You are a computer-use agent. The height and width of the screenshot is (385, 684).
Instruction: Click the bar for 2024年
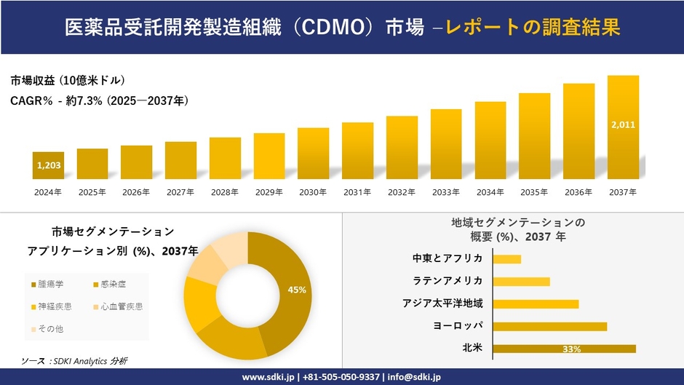point(48,165)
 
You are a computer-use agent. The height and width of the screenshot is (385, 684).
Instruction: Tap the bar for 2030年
point(314,154)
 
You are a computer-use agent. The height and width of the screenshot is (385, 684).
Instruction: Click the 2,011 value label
point(623,124)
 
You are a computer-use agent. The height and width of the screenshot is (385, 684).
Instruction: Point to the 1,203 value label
point(48,165)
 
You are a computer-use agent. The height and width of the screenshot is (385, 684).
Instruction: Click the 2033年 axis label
point(446,192)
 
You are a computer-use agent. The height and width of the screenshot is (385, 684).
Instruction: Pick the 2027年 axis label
point(180,192)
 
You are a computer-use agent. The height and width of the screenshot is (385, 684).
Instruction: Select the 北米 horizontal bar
point(564,349)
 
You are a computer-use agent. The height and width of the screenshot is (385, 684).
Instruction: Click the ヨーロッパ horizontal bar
point(549,326)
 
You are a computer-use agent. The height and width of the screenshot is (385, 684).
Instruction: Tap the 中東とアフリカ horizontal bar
point(506,258)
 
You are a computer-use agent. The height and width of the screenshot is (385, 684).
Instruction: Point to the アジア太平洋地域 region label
point(442,303)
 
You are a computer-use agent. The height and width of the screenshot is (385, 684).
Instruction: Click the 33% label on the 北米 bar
point(571,349)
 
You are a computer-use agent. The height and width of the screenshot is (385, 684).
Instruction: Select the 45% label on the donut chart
point(297,290)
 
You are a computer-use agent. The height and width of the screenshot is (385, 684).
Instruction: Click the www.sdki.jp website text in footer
point(267,377)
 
